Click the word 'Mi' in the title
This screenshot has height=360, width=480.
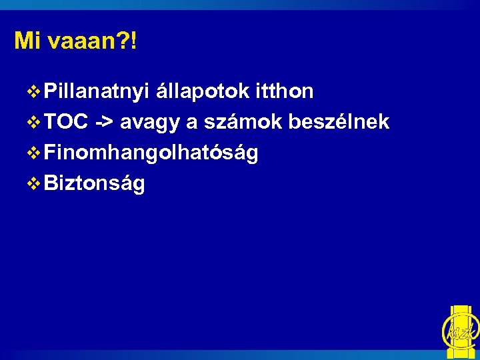coord(25,41)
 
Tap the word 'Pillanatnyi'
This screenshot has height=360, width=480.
coord(97,92)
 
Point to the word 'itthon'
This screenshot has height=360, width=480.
coord(284,91)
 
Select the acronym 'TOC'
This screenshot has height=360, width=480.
coord(67,123)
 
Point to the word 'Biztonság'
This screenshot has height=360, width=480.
coord(94,184)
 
